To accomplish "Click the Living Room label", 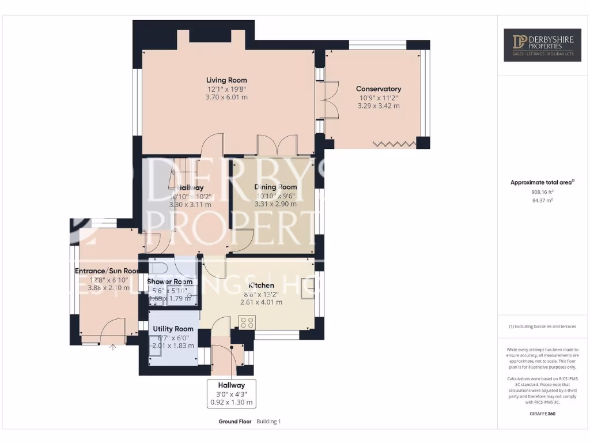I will coord(226,80).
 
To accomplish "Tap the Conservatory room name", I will coord(378,89).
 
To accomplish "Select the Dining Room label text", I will coord(275,187).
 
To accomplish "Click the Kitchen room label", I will coord(260,286).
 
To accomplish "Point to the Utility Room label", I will coord(172,328).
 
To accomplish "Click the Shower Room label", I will coord(169,281).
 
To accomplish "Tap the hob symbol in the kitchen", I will coord(247,322).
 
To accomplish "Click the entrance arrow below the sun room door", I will coord(113,347).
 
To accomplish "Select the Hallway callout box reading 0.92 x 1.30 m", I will coord(231,394).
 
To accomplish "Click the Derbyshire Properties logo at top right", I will coord(543,46).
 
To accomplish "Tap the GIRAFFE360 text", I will coord(543,414).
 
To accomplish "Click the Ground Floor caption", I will coord(235,422).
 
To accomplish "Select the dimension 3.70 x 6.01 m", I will coord(226,97).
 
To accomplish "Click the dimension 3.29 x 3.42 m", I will coord(378,106).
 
